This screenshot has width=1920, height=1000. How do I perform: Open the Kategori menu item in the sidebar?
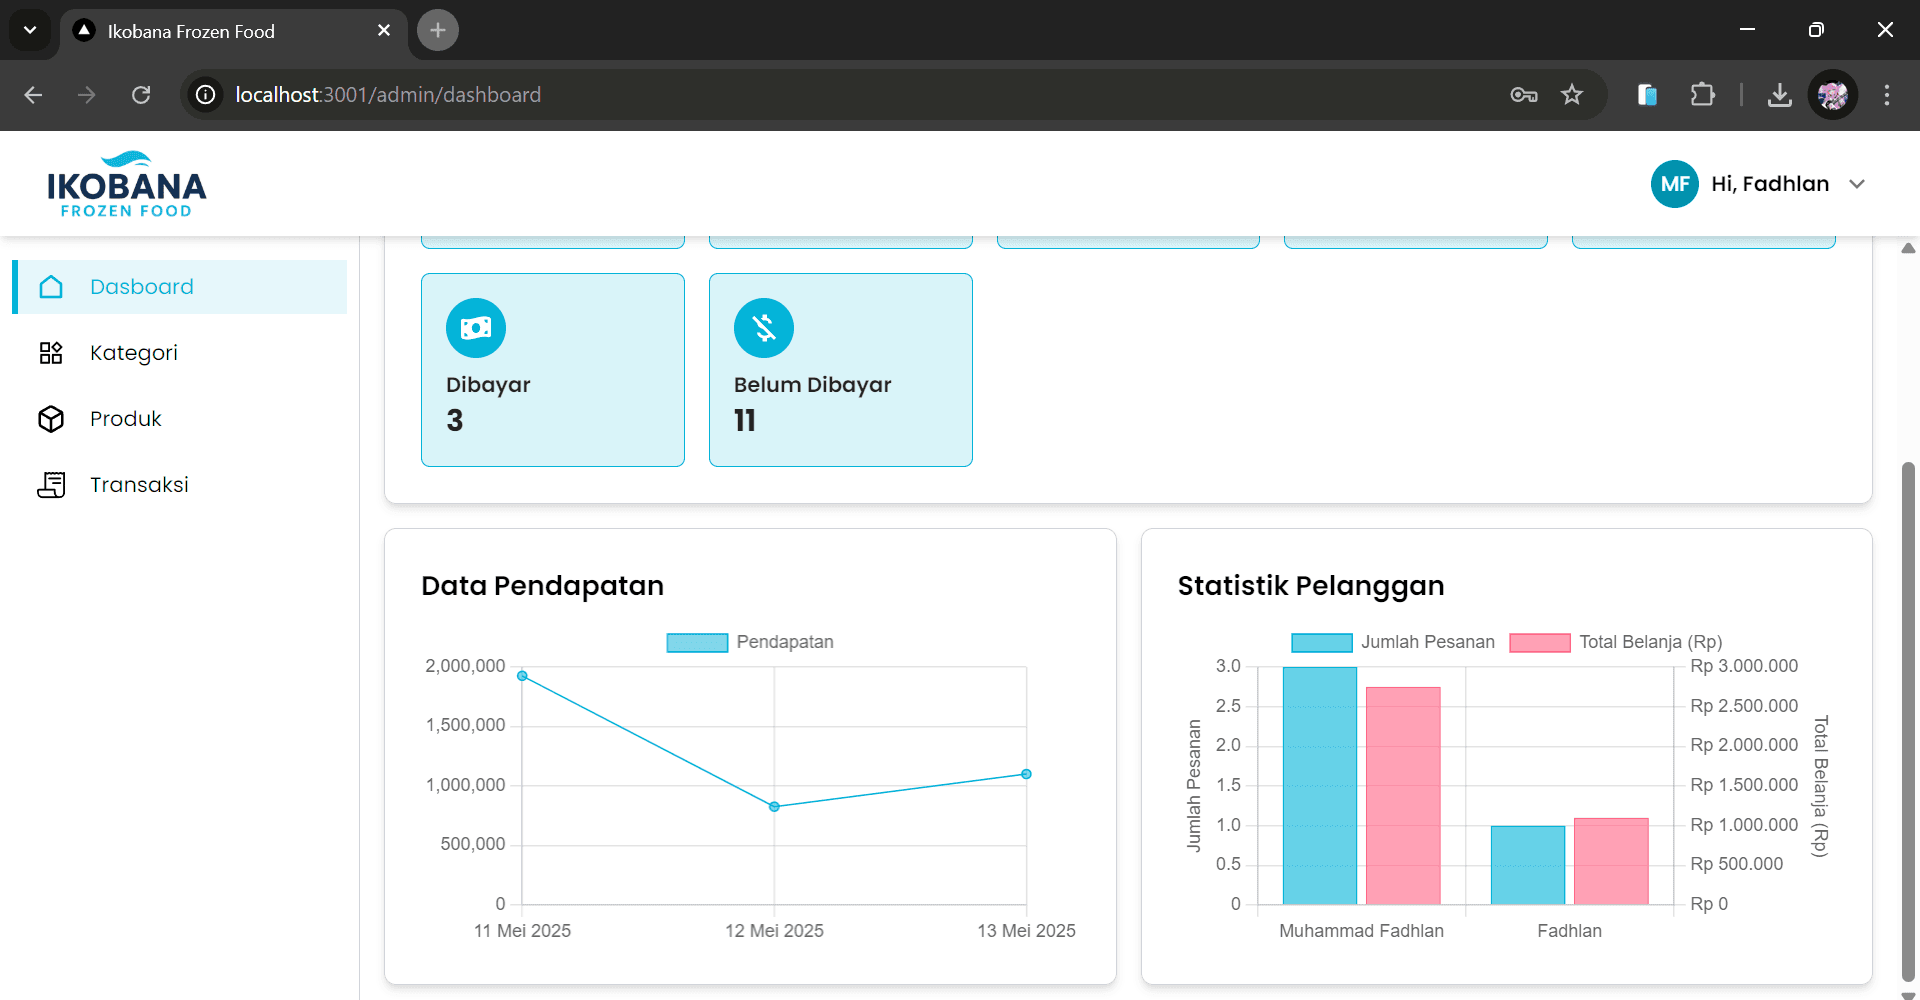[133, 353]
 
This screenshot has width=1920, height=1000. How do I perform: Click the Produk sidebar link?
[125, 419]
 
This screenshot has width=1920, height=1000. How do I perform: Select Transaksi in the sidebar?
[138, 485]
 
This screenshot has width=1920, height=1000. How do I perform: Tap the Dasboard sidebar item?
[141, 287]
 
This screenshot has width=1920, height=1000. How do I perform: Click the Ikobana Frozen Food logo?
[126, 185]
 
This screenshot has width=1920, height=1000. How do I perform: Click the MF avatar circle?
[1674, 184]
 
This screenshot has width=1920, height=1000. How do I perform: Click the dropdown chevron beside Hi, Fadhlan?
[1857, 184]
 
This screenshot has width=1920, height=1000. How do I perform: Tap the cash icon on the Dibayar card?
[476, 328]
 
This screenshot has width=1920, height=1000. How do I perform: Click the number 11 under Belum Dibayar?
[745, 421]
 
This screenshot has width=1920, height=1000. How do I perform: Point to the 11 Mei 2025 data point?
[522, 676]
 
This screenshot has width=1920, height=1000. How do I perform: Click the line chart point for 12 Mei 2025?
[774, 806]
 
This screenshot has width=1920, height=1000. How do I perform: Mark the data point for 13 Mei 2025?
[1026, 774]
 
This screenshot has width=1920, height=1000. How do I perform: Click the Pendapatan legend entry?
[750, 642]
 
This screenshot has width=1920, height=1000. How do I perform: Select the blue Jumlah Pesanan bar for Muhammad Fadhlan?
[1320, 785]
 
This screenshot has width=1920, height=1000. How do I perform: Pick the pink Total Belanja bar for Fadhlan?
[1611, 861]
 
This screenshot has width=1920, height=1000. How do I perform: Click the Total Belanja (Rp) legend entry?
[1616, 642]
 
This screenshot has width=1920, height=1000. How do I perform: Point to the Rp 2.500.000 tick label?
[1744, 706]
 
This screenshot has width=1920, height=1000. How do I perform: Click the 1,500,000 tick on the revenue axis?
[466, 725]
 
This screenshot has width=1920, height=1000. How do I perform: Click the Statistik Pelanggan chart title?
[1311, 586]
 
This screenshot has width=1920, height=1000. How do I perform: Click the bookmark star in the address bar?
[1572, 95]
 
